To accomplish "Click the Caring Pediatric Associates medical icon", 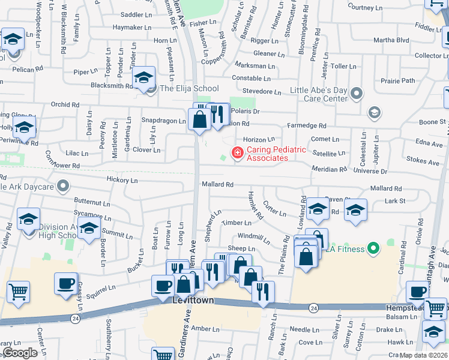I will point(237,153).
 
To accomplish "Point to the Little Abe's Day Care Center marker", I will point(357,93).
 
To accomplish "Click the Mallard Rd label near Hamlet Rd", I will point(217,184).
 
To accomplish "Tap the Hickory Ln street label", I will point(122,180).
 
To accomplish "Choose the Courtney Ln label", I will point(369,7).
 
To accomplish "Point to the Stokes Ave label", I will point(423,161).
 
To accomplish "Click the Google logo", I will point(20,353).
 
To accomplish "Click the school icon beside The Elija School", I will point(144,78).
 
